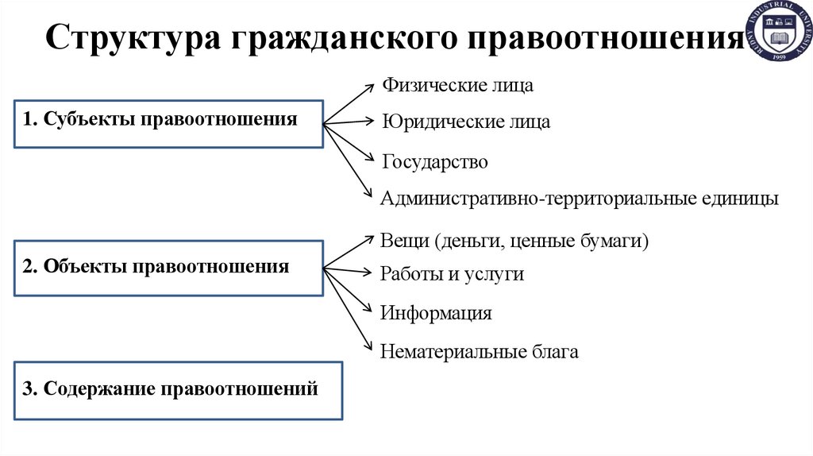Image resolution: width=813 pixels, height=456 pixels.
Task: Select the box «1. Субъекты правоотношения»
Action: tap(168, 123)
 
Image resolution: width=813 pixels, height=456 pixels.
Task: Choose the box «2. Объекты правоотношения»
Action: tap(168, 268)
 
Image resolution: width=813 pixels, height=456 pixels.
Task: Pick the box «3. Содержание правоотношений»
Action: tap(179, 390)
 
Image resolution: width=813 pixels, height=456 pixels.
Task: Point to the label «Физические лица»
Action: tap(458, 85)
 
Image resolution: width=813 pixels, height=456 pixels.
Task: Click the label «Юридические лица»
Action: tap(466, 123)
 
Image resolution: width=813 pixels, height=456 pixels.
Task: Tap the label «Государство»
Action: tap(434, 162)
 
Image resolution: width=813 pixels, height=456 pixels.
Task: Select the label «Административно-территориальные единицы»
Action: tap(580, 198)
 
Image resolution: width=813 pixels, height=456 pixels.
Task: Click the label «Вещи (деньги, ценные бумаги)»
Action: tap(514, 239)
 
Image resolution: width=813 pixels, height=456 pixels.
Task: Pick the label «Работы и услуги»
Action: tap(452, 274)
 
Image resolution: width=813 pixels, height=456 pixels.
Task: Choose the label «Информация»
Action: tap(436, 313)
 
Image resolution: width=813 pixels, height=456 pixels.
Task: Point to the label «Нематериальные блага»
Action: tap(480, 351)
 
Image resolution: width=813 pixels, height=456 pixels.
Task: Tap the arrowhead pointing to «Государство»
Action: tap(368, 159)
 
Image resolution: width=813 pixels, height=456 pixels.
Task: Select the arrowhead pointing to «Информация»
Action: tap(368, 309)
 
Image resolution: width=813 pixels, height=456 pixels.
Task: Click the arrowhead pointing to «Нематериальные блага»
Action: tap(368, 345)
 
